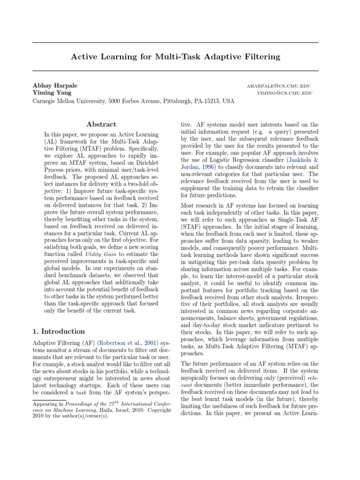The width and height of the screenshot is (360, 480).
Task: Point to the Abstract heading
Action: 101,124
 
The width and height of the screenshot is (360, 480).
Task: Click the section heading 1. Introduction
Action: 59,331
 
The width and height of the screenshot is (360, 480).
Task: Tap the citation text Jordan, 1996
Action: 197,166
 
